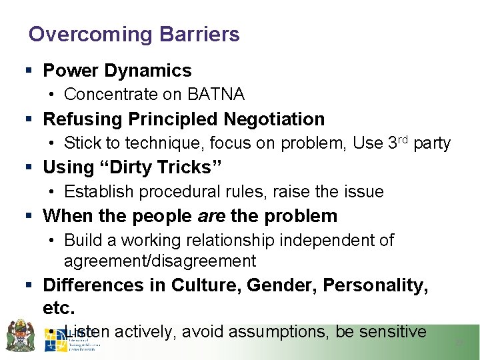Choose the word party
click(432, 144)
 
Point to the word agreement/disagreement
click(160, 261)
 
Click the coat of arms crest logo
click(21, 335)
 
